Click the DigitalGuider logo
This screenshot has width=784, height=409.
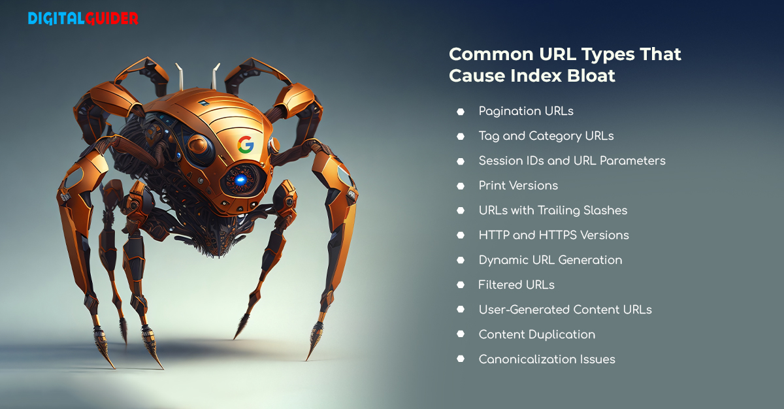[83, 18]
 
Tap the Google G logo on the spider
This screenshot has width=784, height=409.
[246, 144]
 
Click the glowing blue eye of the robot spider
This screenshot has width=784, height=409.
[240, 180]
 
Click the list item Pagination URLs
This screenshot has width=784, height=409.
[526, 111]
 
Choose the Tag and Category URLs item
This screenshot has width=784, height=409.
[546, 136]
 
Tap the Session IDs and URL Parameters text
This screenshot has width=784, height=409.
[572, 161]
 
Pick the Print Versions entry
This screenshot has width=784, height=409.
[518, 186]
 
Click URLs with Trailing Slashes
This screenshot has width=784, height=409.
[553, 210]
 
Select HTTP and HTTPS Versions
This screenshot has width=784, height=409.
[554, 235]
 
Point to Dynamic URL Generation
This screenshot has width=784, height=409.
[551, 260]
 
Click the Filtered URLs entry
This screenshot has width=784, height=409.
[516, 285]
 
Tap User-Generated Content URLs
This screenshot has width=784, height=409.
[565, 310]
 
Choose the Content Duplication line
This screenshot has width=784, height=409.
[537, 335]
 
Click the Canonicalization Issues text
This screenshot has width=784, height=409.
[547, 359]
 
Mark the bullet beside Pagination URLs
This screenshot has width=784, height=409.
[461, 112]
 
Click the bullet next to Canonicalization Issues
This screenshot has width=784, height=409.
[461, 359]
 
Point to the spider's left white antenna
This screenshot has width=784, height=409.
[180, 76]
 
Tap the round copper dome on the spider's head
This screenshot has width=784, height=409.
[199, 146]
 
